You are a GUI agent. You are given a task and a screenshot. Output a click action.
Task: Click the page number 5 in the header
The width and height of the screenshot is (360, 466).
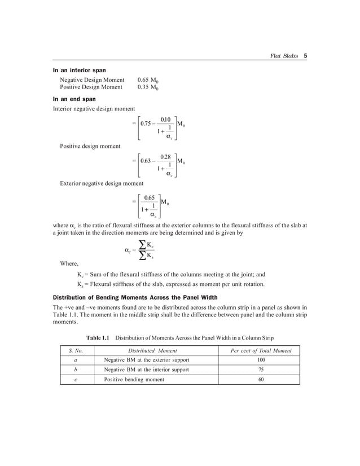pos(305,56)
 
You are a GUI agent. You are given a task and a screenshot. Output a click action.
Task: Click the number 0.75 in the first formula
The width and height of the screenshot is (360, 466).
pos(149,124)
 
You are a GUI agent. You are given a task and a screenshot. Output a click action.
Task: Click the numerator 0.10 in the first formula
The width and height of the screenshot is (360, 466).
pos(166,119)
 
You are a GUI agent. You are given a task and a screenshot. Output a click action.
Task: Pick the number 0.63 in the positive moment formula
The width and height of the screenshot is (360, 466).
pos(149,161)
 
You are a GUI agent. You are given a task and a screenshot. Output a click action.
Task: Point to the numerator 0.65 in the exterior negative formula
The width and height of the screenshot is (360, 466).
pos(150,197)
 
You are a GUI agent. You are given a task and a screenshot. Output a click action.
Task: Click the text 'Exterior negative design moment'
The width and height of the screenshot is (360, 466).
pos(102,183)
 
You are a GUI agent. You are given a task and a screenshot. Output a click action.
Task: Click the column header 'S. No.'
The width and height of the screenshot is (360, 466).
pos(76,350)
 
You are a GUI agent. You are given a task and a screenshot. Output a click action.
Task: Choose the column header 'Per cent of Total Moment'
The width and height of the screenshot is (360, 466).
pos(261,350)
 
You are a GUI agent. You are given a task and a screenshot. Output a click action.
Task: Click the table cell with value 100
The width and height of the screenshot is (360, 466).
pos(261,360)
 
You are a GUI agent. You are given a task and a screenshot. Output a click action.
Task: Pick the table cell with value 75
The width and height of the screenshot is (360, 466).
pos(261,370)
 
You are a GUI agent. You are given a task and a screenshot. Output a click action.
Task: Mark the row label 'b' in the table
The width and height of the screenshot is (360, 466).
pos(76,370)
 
